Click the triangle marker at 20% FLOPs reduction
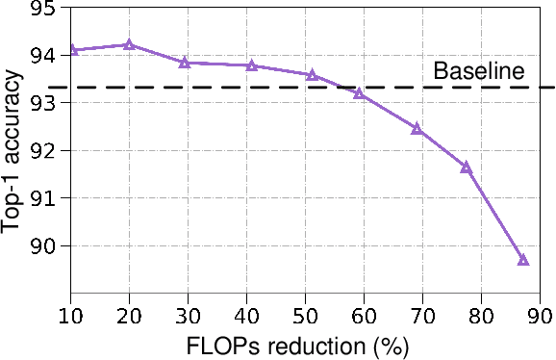click(x=129, y=44)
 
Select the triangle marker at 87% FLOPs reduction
click(x=523, y=260)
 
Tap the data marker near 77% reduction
click(x=467, y=167)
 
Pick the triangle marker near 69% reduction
click(x=417, y=128)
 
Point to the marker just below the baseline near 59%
click(x=359, y=93)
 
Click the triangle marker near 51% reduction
click(x=312, y=74)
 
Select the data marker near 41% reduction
click(x=251, y=65)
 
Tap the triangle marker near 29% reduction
click(x=184, y=63)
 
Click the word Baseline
click(x=478, y=71)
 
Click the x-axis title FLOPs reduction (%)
click(x=306, y=346)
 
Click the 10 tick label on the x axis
click(x=70, y=315)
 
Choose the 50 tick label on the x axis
click(x=306, y=315)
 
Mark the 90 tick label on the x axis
click(x=541, y=315)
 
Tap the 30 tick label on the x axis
click(x=188, y=315)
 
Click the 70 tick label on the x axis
click(x=423, y=315)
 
